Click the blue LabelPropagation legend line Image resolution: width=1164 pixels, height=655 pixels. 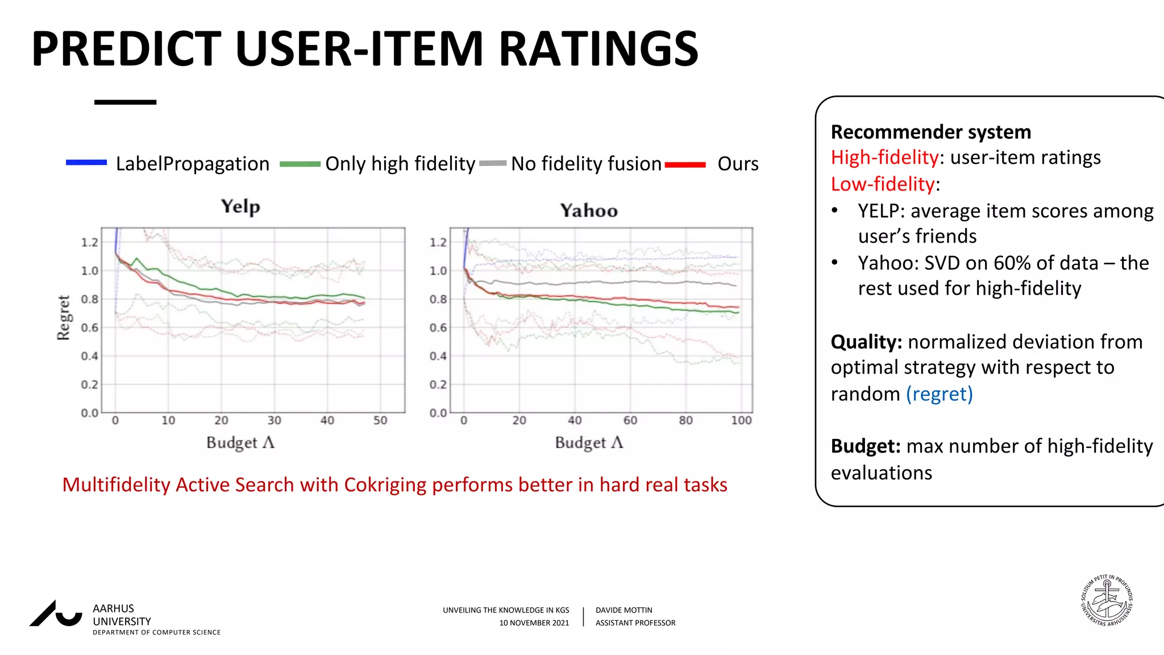pos(86,163)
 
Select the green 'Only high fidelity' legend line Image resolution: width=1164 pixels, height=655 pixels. pos(300,164)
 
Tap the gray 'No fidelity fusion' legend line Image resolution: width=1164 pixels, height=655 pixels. pos(492,164)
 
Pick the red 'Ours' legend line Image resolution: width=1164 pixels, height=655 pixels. pos(685,165)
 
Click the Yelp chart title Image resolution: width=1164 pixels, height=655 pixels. pos(240,206)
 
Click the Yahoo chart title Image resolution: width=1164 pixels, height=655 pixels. pos(589,211)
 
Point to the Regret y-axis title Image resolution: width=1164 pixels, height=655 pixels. pos(63,317)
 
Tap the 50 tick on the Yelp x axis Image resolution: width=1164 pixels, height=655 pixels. pos(380,421)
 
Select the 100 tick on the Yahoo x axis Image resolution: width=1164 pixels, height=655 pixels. pos(741,421)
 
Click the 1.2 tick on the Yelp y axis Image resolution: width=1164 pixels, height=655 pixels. pos(89,243)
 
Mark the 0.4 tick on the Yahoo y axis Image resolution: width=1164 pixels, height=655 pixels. pos(438,356)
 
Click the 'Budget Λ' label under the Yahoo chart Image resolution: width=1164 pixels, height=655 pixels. pos(589,443)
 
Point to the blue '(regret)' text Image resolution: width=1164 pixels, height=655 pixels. pos(939,394)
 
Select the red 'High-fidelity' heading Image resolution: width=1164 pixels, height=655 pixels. pos(884,157)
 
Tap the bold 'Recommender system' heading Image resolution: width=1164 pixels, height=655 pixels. pos(930,132)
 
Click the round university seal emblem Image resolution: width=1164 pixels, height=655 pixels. pos(1107,600)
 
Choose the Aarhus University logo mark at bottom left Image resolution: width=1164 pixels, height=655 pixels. pos(56,614)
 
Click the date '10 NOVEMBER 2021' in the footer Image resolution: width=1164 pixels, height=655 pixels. pos(534,623)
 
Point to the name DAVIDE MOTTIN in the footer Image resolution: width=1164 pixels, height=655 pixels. pos(623,610)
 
